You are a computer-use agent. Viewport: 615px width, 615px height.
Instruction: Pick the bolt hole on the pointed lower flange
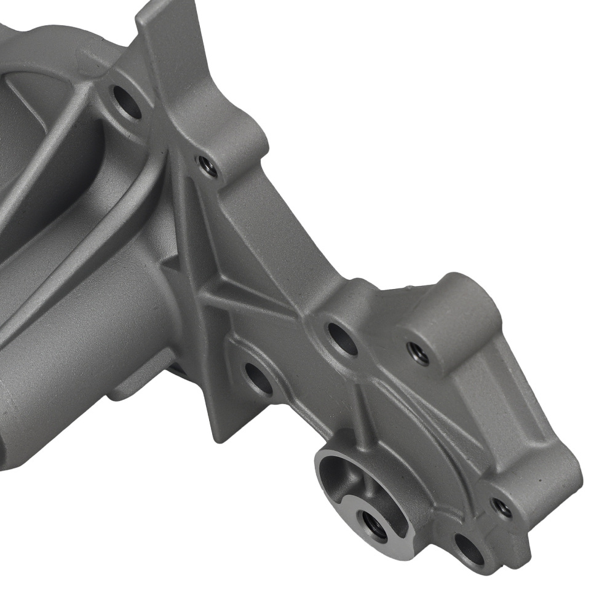[258, 378]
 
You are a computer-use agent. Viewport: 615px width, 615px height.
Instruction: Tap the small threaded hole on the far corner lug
[502, 507]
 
